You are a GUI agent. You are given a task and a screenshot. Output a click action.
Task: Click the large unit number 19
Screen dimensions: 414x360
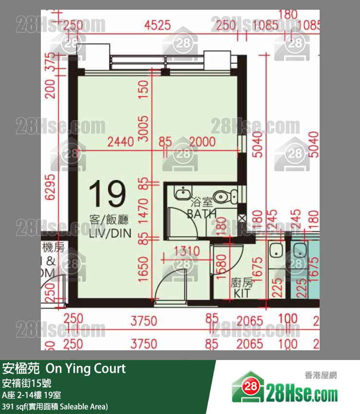108,194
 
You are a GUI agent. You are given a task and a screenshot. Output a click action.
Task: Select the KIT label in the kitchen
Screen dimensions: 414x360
241,294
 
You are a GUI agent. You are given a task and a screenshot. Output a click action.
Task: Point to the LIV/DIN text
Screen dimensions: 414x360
110,233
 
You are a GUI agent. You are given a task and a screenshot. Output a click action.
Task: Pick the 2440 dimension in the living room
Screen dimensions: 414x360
121,142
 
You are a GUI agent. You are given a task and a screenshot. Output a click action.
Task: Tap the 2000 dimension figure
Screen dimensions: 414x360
202,142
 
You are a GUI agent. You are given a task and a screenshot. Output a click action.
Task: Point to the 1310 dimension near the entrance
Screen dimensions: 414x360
186,251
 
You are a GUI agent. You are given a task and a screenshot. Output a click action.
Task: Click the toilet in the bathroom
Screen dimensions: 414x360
224,196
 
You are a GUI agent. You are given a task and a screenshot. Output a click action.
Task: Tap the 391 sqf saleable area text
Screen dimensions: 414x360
54,406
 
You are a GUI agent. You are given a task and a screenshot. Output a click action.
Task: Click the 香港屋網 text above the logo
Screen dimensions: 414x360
321,375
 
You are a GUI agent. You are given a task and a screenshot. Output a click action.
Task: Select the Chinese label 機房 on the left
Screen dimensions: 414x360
54,247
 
